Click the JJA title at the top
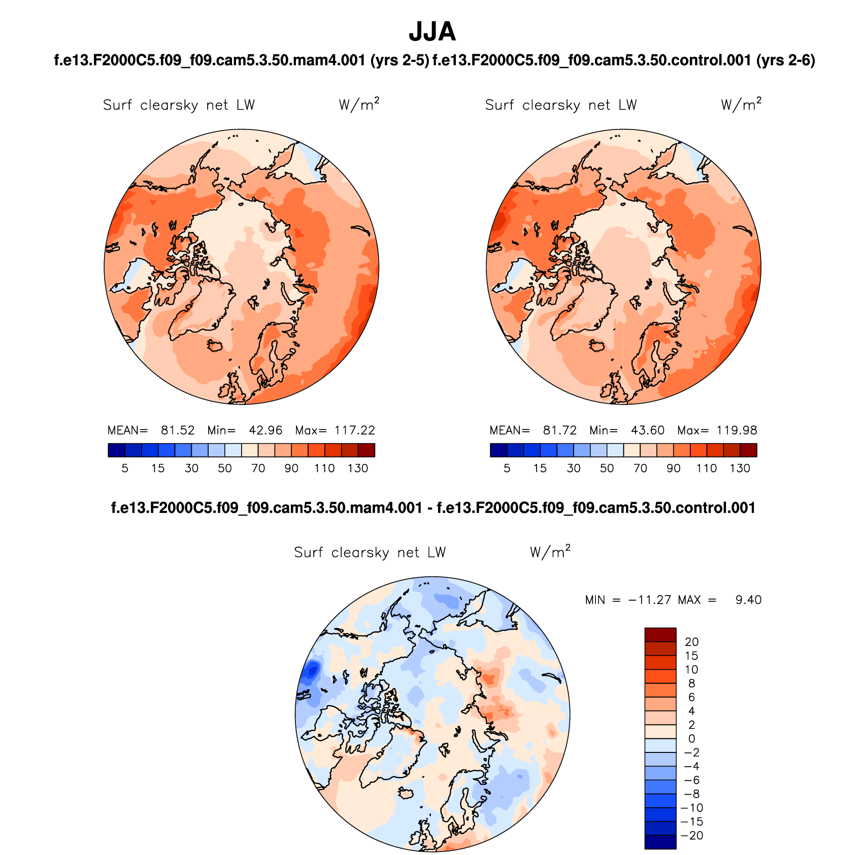coord(432,32)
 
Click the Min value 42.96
coord(265,431)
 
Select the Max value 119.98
coord(737,431)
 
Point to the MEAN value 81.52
coord(178,431)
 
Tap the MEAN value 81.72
coord(560,431)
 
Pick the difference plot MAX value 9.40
coord(748,600)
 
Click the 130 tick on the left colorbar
coord(358,469)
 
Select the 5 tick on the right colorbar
coord(507,469)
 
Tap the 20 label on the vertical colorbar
coord(691,642)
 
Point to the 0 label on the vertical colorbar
coord(691,739)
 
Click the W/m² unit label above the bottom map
coord(550,552)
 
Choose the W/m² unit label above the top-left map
coord(359,105)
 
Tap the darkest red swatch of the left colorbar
coord(366,450)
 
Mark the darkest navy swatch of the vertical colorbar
coord(660,842)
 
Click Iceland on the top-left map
coord(215,345)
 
